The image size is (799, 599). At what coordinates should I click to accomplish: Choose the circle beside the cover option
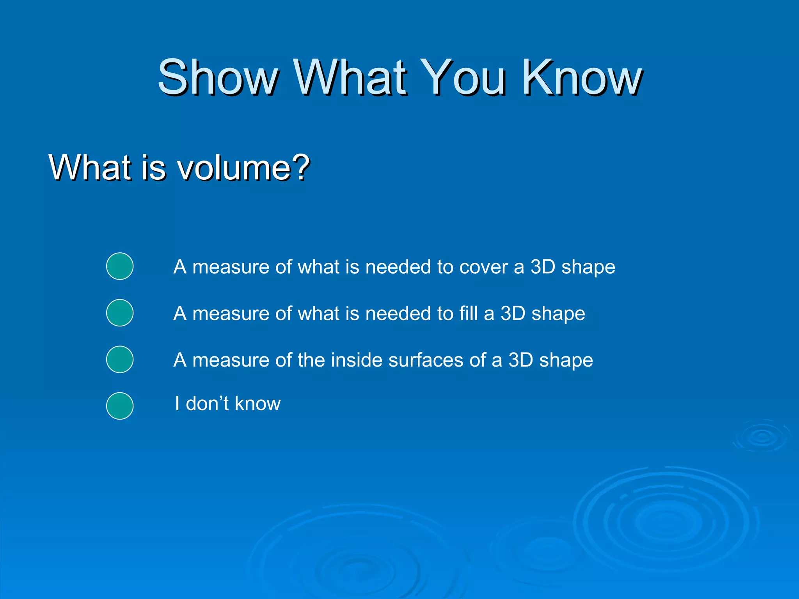120,266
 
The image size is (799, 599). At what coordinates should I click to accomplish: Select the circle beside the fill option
120,313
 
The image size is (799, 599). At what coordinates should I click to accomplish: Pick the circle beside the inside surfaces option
120,359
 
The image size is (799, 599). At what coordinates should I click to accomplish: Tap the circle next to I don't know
120,406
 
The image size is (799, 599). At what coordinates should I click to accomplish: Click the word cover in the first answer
483,268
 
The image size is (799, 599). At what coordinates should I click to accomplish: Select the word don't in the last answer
207,403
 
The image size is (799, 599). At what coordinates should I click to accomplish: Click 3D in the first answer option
543,268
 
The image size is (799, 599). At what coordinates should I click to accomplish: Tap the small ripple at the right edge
762,437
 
